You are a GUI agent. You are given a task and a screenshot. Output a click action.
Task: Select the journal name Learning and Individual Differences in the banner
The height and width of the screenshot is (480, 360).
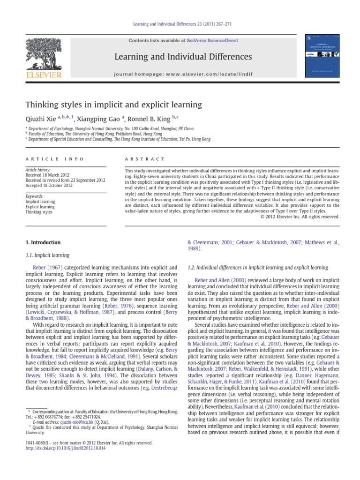180,57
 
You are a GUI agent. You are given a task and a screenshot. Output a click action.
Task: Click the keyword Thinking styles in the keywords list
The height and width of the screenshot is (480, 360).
39,212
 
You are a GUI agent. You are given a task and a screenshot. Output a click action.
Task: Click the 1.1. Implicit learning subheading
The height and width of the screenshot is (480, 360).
46,255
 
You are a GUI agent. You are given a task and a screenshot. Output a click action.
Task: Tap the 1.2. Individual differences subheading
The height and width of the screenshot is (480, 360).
257,268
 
